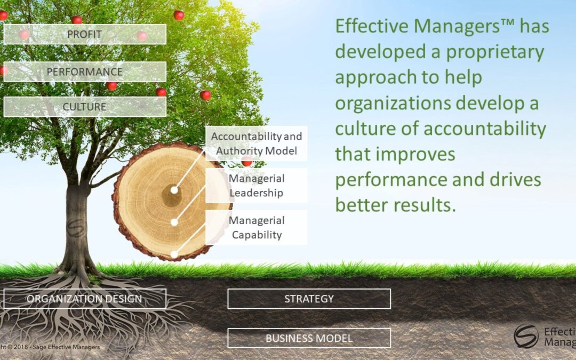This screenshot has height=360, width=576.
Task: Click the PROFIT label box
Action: tap(85, 34)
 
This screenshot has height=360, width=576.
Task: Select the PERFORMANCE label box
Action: tap(85, 71)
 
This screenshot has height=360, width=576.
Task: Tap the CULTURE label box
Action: tap(85, 107)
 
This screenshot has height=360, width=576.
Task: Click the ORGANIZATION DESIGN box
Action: tap(85, 299)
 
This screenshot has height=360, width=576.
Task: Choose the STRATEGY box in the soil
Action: tap(309, 299)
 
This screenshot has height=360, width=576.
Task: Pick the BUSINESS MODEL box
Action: tap(309, 338)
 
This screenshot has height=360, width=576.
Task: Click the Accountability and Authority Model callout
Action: tap(257, 143)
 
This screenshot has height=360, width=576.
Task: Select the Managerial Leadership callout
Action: tap(257, 186)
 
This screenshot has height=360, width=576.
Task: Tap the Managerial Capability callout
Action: tap(257, 227)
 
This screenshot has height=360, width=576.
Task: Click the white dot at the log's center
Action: tap(174, 190)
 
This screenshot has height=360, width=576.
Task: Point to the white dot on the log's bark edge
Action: tap(174, 254)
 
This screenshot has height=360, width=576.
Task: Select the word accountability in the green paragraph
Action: tap(485, 129)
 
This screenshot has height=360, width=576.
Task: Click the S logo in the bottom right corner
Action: tap(526, 336)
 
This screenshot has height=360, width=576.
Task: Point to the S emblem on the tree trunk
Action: tap(76, 228)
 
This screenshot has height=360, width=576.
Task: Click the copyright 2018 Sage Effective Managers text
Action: tap(49, 347)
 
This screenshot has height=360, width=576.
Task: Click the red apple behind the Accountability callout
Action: tap(247, 162)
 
